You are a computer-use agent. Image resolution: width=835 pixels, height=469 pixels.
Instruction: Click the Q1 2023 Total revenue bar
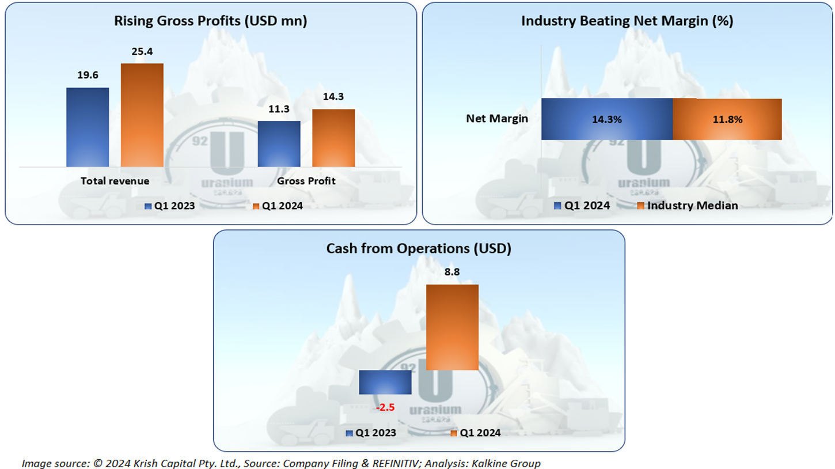88,127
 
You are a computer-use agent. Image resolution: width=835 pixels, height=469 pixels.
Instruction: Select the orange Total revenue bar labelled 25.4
142,115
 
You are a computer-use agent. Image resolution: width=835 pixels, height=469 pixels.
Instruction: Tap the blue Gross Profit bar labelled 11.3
279,143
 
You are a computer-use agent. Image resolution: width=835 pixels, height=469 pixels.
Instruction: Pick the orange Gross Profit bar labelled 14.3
333,138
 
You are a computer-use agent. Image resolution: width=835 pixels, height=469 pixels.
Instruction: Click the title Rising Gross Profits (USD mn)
210,22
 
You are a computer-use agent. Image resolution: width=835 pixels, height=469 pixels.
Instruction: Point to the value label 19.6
88,75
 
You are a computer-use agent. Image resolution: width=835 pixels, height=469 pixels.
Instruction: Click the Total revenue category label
115,181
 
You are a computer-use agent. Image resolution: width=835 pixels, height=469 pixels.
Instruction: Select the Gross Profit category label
306,181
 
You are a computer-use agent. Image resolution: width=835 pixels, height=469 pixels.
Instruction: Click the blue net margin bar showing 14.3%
607,119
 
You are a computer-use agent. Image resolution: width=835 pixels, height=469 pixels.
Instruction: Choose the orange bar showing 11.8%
727,119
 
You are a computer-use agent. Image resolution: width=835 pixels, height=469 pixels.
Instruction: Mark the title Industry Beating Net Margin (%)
627,22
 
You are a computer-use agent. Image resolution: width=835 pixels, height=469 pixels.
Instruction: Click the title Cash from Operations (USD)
419,249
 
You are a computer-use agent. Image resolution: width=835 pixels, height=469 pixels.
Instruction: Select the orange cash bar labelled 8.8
452,327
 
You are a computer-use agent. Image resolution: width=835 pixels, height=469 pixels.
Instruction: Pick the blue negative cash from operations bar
385,382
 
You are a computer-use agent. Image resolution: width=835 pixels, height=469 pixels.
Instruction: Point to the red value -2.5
385,407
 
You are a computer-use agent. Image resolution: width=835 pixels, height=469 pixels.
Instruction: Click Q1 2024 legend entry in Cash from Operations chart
476,433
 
